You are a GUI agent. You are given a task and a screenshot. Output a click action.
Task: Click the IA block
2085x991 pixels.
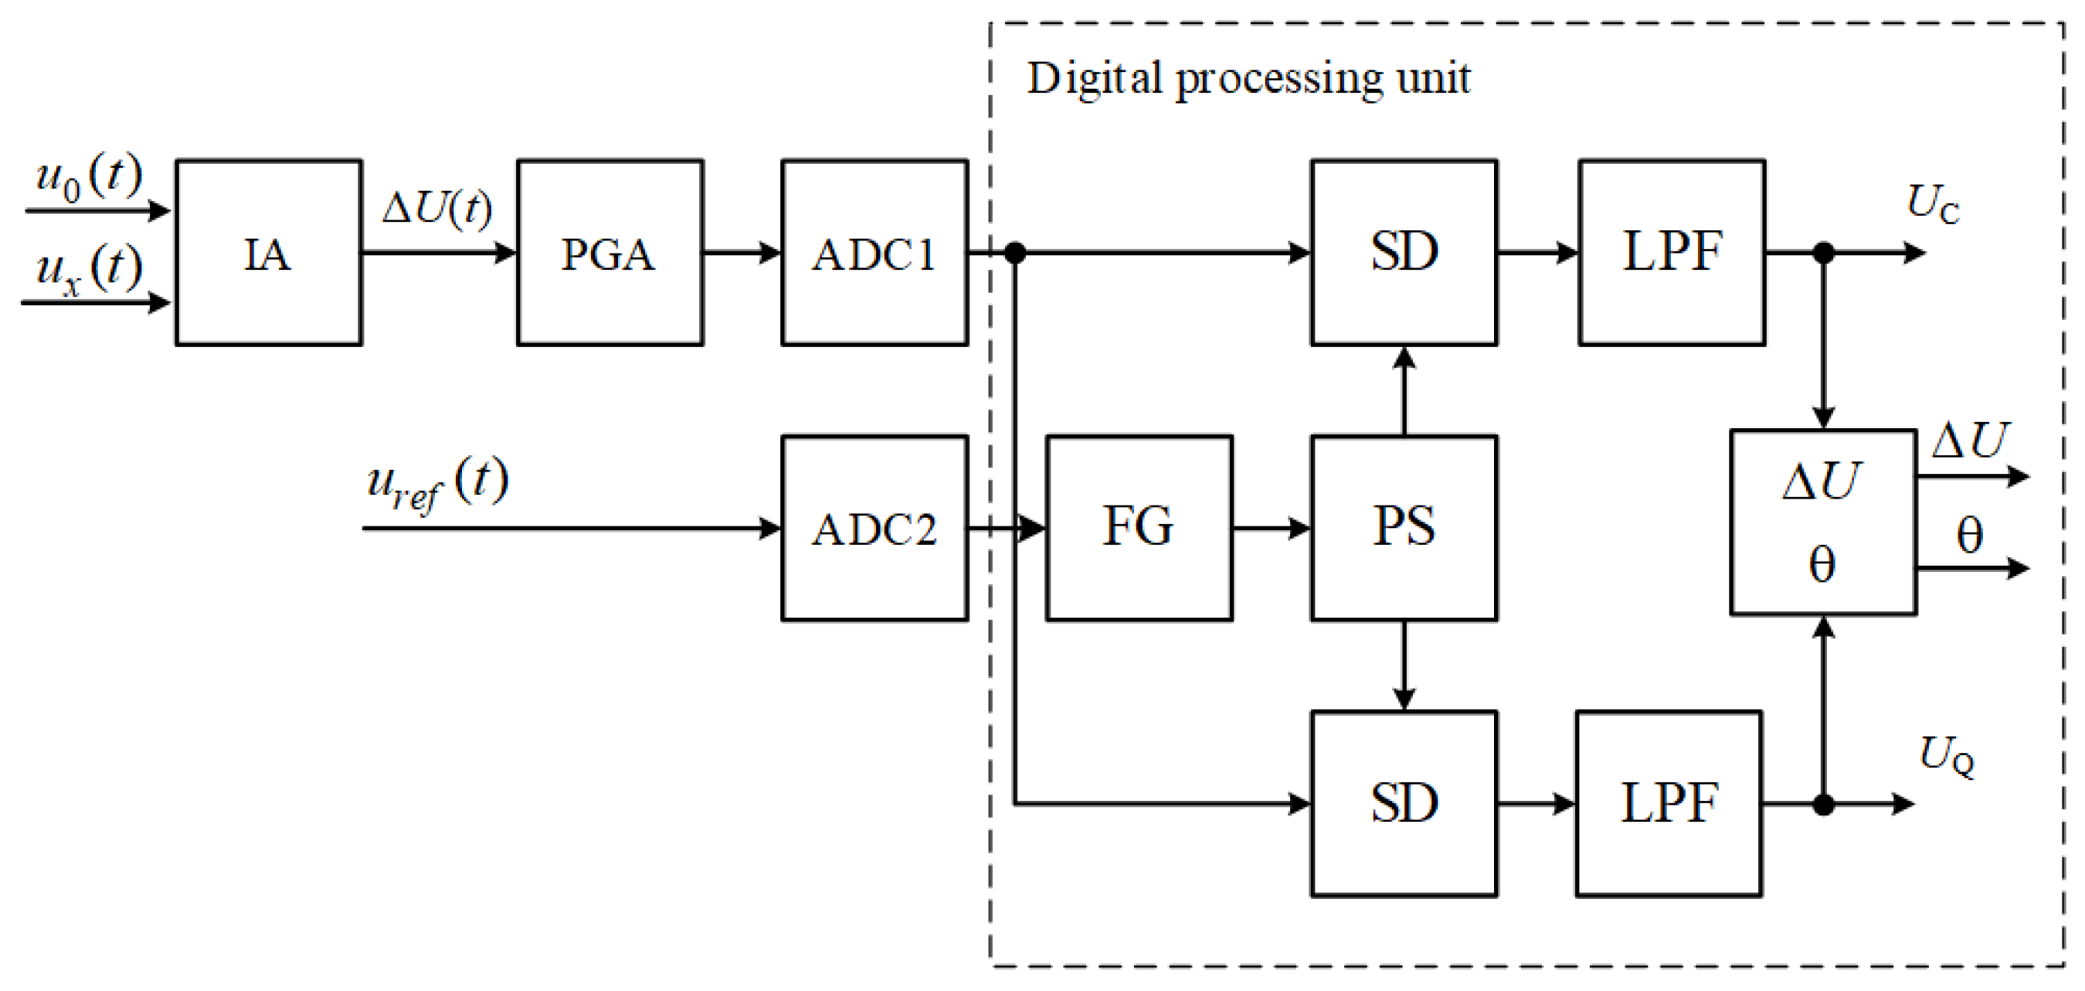(268, 253)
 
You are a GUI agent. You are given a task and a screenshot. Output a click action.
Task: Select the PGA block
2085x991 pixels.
(610, 253)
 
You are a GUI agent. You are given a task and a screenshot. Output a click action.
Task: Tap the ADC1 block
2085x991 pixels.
(874, 253)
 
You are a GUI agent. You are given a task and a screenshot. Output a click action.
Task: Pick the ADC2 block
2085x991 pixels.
(874, 529)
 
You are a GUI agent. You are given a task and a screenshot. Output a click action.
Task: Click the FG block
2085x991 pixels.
(1139, 529)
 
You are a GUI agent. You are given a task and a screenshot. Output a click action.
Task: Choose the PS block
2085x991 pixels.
(1404, 529)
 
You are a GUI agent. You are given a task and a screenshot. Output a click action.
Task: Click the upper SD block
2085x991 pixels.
(1404, 253)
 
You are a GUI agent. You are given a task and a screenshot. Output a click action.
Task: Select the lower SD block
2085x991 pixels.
(1404, 804)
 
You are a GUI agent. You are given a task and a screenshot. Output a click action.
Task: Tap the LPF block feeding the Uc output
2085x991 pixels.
(1672, 253)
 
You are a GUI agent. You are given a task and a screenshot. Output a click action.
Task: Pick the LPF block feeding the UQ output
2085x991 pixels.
(1669, 804)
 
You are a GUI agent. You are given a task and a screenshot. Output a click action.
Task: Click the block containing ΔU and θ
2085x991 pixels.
(1823, 523)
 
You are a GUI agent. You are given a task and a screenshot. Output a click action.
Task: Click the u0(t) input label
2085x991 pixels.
(89, 176)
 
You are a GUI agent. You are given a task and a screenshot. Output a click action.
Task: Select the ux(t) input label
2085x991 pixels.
(89, 269)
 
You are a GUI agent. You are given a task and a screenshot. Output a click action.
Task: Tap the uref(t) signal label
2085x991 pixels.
(437, 483)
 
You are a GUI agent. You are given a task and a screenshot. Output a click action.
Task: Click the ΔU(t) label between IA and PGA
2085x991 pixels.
(437, 208)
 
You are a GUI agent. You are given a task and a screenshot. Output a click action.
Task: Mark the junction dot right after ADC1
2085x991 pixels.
(1015, 253)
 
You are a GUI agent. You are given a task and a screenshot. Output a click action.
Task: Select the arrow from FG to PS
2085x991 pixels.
(1271, 529)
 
